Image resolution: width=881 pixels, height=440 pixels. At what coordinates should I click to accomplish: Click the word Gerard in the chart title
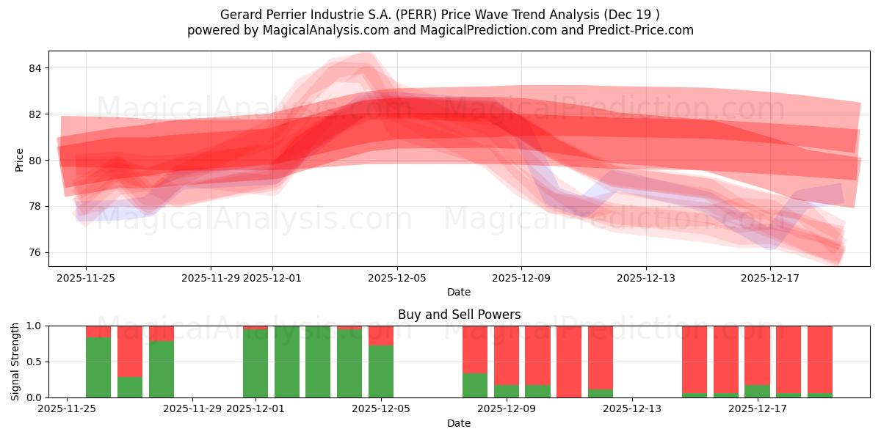pos(241,15)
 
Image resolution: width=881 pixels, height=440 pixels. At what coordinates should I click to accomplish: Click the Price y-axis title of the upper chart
pos(19,160)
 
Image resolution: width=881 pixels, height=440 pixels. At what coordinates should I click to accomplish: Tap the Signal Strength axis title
pos(15,362)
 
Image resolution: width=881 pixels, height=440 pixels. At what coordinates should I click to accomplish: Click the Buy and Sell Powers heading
pos(459,315)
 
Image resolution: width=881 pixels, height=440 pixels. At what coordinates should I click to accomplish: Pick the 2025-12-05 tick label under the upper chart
pos(397,278)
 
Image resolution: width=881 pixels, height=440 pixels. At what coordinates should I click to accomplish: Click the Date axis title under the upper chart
pos(459,292)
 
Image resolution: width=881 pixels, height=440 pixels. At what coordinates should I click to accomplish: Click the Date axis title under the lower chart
pos(459,423)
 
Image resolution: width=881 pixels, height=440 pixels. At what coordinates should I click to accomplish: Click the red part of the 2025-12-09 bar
pos(507,352)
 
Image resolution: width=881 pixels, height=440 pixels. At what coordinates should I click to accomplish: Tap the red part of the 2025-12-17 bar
pos(757,352)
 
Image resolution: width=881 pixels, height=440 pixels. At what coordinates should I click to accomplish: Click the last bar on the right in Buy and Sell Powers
pos(820,359)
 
